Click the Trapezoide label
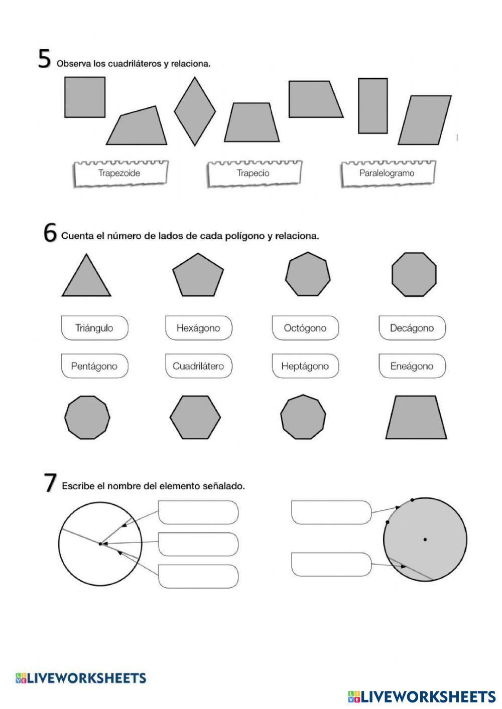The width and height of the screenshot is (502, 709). (x=119, y=173)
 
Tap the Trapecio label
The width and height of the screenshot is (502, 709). (x=253, y=173)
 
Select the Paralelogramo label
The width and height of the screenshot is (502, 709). (x=387, y=173)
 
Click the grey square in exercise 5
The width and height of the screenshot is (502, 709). (x=85, y=97)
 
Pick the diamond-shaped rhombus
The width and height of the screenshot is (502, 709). (x=195, y=111)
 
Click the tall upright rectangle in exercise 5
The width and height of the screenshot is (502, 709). (x=372, y=106)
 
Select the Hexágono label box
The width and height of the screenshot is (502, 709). (x=198, y=328)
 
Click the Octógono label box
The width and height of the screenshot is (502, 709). (x=305, y=328)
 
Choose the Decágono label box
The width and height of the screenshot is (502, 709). (x=412, y=328)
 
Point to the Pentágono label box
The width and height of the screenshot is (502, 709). (x=94, y=366)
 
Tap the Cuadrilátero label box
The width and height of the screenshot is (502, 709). (x=198, y=366)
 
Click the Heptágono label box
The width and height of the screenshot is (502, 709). (x=305, y=366)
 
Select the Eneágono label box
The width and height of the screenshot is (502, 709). (x=412, y=366)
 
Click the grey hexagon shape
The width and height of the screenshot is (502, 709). (x=195, y=417)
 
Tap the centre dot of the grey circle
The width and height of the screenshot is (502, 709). (x=425, y=540)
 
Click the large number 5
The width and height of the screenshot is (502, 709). (x=45, y=60)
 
